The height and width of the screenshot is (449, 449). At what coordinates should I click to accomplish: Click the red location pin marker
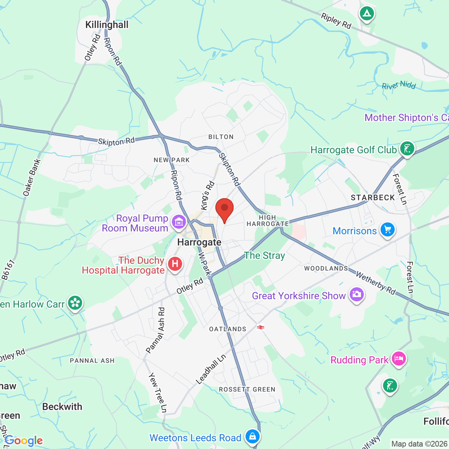pyautogui.click(x=224, y=208)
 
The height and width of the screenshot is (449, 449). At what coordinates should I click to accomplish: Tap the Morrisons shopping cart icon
pyautogui.click(x=387, y=230)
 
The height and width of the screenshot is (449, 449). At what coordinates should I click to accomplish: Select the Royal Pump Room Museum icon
pyautogui.click(x=179, y=222)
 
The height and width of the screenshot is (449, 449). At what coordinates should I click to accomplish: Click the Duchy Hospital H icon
pyautogui.click(x=175, y=264)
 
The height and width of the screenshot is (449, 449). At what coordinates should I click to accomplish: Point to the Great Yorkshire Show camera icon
pyautogui.click(x=356, y=294)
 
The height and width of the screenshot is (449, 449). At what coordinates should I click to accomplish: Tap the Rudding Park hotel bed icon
pyautogui.click(x=398, y=358)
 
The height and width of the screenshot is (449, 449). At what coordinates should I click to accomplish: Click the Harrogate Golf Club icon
pyautogui.click(x=407, y=149)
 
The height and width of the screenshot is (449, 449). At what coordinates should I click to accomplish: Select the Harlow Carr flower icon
pyautogui.click(x=75, y=303)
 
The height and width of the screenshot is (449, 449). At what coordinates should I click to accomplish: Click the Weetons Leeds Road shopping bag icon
pyautogui.click(x=252, y=436)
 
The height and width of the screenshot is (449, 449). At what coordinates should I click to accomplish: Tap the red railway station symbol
pyautogui.click(x=260, y=327)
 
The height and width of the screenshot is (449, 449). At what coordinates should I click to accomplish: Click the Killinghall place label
pyautogui.click(x=107, y=25)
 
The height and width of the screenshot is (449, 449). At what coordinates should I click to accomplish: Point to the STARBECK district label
pyautogui.click(x=373, y=198)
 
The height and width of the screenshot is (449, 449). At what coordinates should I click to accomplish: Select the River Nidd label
pyautogui.click(x=398, y=85)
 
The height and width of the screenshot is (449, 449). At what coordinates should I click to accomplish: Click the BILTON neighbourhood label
pyautogui.click(x=221, y=137)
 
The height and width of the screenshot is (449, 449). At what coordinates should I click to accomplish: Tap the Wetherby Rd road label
pyautogui.click(x=376, y=283)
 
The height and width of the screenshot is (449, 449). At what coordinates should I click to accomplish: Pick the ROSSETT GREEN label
pyautogui.click(x=247, y=389)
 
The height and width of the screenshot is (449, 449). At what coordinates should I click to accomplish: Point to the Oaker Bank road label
pyautogui.click(x=32, y=177)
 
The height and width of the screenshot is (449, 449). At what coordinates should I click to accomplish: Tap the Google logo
pyautogui.click(x=24, y=441)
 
